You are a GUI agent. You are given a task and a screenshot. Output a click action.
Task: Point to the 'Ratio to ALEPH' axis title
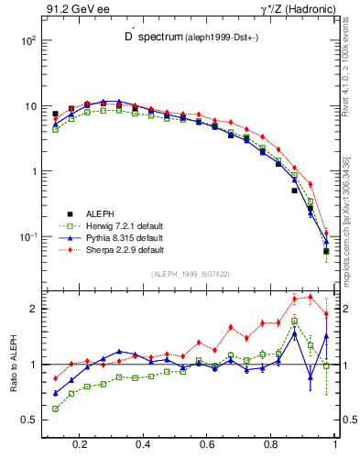tap(12, 364)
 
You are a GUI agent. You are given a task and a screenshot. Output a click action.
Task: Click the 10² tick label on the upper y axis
tap(27, 41)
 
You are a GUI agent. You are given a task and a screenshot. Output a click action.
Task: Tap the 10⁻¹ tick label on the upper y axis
tap(27, 237)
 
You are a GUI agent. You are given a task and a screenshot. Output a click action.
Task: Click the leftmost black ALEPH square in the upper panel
tap(55, 115)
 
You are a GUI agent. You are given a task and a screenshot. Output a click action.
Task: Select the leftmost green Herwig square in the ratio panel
tap(55, 409)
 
